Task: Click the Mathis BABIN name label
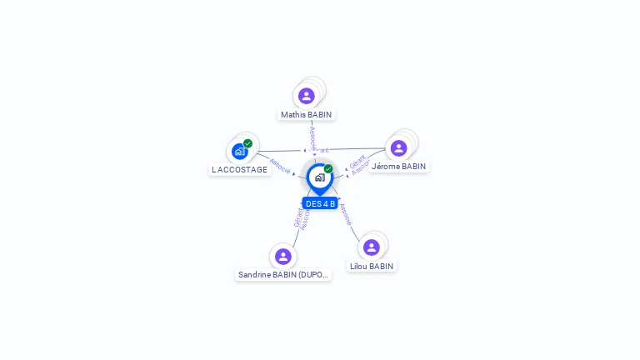click(306, 114)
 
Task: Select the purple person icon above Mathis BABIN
click(307, 96)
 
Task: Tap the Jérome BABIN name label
click(398, 166)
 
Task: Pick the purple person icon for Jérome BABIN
click(398, 148)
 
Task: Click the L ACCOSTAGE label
click(240, 169)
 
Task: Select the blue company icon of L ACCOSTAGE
click(239, 152)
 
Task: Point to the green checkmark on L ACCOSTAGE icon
click(247, 143)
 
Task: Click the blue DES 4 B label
click(320, 203)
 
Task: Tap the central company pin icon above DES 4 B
click(320, 177)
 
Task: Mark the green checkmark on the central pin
click(328, 168)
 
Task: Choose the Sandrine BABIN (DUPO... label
click(283, 274)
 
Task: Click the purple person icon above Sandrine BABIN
click(283, 256)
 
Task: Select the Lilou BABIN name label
click(371, 266)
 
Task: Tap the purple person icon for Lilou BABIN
click(372, 247)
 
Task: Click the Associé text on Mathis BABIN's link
click(312, 137)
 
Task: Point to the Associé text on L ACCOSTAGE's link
click(280, 167)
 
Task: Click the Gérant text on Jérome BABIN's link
click(357, 161)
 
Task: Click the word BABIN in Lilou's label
click(381, 266)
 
